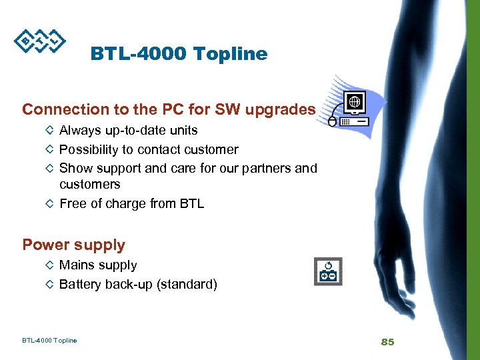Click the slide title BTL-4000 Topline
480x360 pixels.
[179, 54]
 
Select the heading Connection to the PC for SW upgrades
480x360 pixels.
[169, 109]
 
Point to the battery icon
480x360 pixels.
[328, 272]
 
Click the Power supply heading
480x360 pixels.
[73, 245]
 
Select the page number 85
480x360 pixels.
[387, 342]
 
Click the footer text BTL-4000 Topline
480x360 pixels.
[49, 341]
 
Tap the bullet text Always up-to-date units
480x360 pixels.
[129, 130]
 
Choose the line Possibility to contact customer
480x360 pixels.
[149, 149]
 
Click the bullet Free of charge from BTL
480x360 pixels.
[131, 203]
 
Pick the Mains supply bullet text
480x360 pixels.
[98, 265]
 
